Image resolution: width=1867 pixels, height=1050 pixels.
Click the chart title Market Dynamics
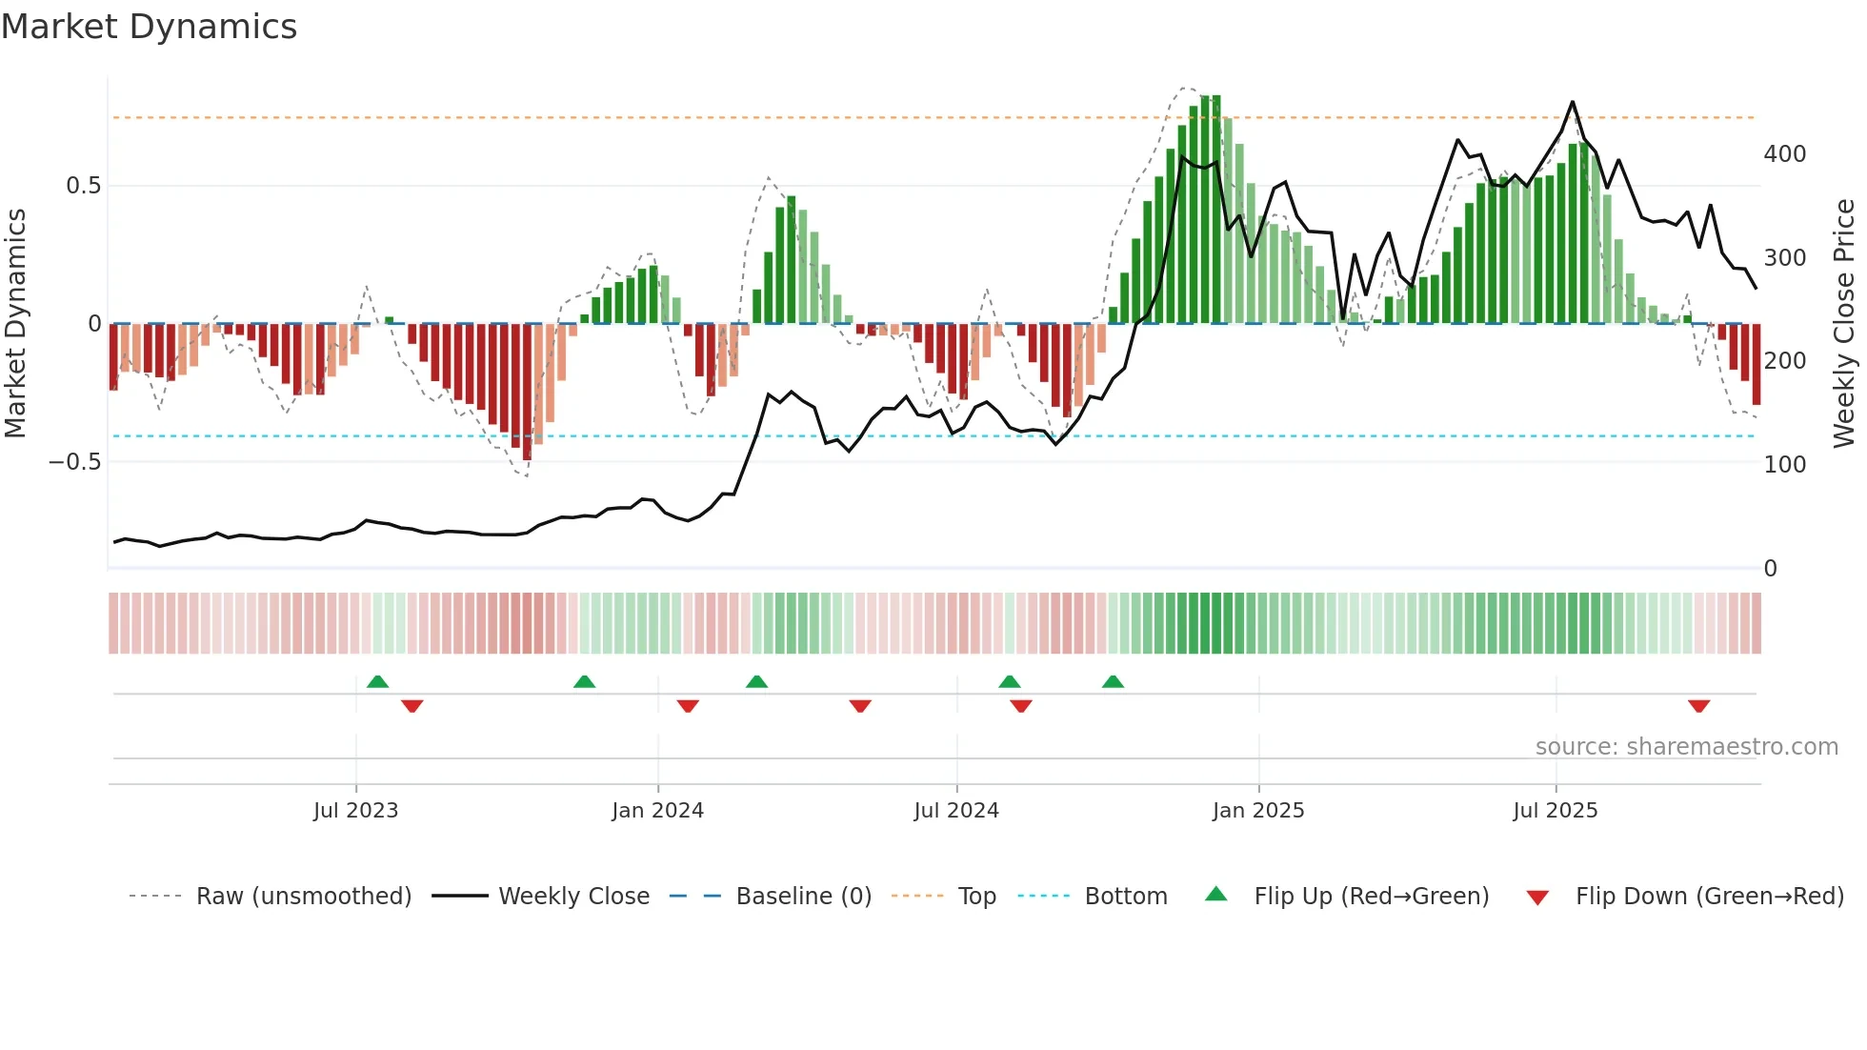150,27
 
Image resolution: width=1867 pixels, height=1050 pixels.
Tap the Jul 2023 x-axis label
355,811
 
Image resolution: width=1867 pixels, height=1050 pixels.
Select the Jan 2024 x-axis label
657,811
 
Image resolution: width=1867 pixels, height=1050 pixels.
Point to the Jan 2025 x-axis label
1257,811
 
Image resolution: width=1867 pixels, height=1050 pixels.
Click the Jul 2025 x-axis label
1555,811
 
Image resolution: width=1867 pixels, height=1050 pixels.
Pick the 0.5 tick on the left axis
83,186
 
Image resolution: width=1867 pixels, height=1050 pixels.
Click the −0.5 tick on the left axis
74,462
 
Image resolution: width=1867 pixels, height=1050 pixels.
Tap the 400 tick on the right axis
1784,154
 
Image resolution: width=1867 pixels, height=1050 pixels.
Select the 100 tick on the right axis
1784,465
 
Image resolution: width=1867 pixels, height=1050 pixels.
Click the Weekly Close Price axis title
1844,324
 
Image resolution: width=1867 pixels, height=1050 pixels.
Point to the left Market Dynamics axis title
15,324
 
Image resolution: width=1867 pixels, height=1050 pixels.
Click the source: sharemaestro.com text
1686,747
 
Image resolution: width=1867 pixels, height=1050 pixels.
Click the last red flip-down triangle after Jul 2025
1698,706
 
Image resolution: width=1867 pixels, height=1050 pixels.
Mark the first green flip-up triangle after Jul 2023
377,681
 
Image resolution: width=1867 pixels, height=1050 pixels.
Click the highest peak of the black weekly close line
1572,102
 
